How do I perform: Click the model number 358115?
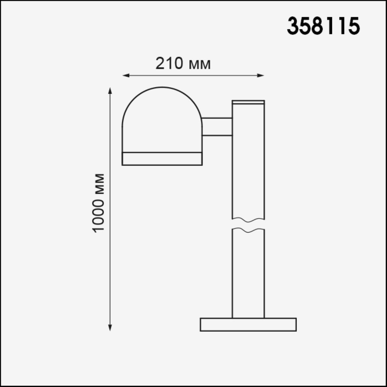pos(323,26)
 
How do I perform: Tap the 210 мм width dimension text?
pos(183,63)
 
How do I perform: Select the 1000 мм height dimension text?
pos(99,203)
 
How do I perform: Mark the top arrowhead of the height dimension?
pos(110,91)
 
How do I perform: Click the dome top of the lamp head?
pos(162,103)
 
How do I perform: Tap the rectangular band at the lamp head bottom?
pos(162,158)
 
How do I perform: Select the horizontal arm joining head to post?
pos(217,127)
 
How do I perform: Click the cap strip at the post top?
pos(248,102)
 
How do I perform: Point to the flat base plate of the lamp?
pos(248,324)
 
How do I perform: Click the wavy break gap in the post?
pos(248,224)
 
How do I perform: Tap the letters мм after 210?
pos(199,64)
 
